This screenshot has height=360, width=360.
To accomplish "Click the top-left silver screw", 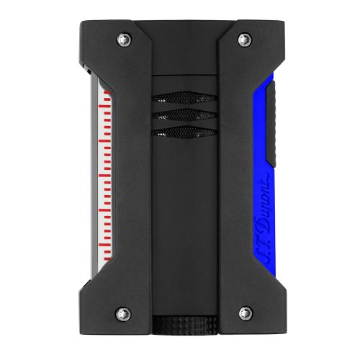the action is point(124,40).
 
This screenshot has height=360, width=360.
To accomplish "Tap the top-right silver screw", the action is point(245,39).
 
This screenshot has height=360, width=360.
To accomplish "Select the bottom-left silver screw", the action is point(123,314).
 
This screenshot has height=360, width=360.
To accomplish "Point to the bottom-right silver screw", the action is point(246,313).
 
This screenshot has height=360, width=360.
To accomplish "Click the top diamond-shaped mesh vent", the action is point(184,98).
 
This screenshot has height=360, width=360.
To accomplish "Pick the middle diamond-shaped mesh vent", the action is point(184,115).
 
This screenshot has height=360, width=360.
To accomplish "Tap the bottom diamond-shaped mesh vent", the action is point(184,132).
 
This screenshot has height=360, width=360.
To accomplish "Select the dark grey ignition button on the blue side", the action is point(271,124).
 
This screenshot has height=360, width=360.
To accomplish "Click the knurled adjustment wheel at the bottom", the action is point(185,325).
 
